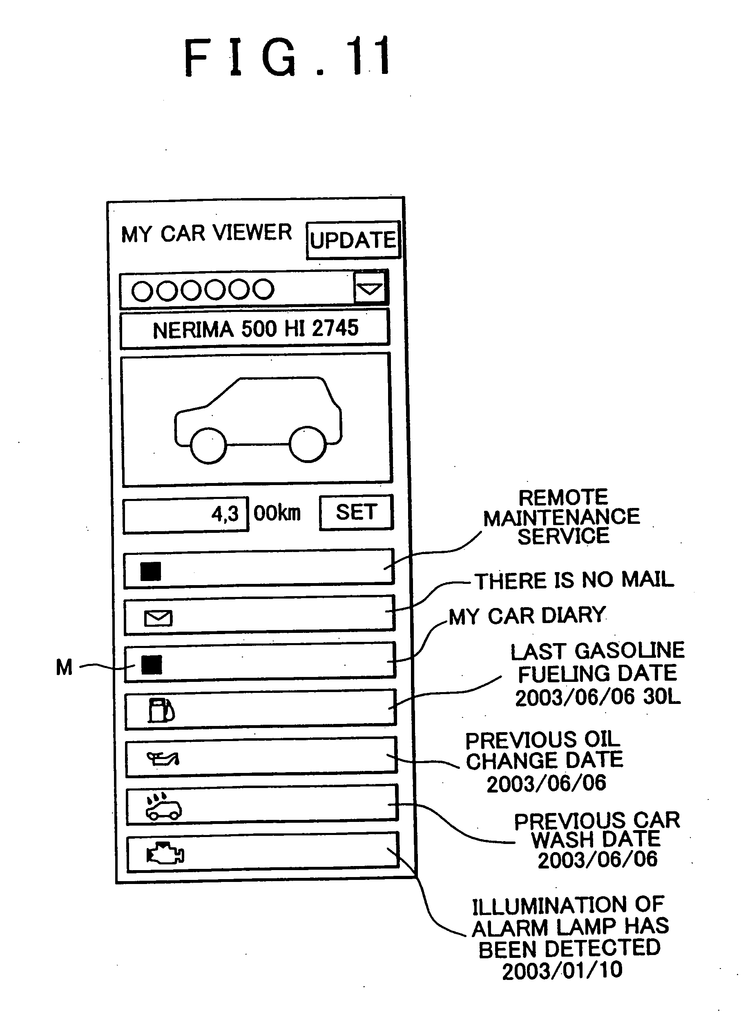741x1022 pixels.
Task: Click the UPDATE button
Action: [353, 240]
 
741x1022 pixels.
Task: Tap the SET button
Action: [356, 512]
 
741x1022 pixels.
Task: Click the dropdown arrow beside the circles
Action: [370, 288]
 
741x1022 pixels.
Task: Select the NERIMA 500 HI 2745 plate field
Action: [255, 329]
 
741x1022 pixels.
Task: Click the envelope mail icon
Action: [158, 618]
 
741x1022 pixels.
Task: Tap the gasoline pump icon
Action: [161, 710]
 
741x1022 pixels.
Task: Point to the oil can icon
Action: [163, 759]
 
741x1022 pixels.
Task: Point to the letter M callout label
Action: [64, 667]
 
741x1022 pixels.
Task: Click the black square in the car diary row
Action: [152, 665]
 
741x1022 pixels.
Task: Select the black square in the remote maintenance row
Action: [151, 572]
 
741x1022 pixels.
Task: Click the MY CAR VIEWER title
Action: [206, 234]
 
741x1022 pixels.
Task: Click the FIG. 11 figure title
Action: [288, 57]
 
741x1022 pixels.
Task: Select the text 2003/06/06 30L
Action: [598, 697]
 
